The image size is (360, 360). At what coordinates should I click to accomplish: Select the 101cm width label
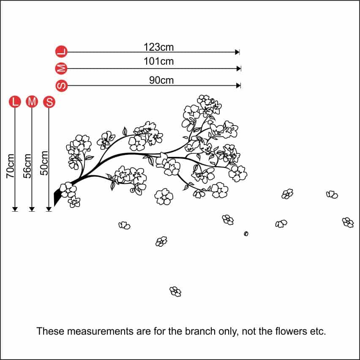click(158, 61)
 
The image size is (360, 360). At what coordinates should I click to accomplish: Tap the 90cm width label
click(161, 80)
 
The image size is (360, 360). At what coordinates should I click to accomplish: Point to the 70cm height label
click(11, 165)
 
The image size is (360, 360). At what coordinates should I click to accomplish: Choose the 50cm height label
click(45, 163)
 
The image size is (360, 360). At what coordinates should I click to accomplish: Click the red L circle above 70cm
click(15, 102)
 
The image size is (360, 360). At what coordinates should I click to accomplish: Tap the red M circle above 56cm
click(32, 102)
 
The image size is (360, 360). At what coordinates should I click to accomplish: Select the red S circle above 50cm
click(49, 102)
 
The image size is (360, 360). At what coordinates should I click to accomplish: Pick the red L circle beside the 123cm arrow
click(62, 52)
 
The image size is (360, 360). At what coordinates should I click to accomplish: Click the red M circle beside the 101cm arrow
click(62, 68)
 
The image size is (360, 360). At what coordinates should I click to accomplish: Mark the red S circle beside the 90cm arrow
click(62, 86)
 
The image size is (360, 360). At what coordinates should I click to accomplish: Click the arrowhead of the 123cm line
click(237, 52)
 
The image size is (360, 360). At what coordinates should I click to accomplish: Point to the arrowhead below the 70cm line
click(15, 208)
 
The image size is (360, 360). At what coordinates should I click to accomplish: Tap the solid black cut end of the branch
click(58, 196)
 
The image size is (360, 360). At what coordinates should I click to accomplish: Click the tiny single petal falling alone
click(246, 233)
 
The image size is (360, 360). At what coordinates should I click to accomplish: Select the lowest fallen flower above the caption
click(175, 291)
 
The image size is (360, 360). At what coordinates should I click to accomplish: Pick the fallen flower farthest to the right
click(348, 222)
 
